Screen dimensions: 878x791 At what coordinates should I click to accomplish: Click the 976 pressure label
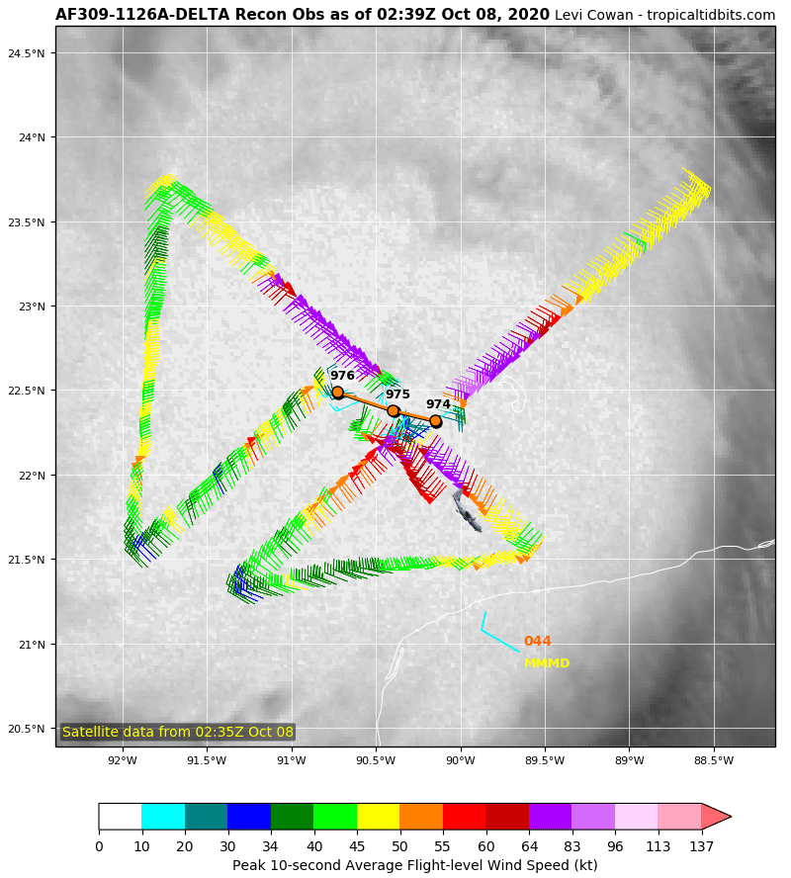coord(342,376)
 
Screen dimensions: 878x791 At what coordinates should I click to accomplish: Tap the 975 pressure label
coord(397,395)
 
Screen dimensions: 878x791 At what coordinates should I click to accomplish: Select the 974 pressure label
coord(438,404)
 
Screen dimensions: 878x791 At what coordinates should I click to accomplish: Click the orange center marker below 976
coord(337,393)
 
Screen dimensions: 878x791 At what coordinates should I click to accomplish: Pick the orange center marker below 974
coord(435,421)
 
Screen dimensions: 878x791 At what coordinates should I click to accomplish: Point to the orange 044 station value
coord(537,642)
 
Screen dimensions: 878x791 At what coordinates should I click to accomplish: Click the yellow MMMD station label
coord(547,663)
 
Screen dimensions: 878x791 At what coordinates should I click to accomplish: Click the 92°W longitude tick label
coord(123,760)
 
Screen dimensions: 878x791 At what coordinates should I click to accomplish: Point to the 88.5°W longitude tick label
coord(714,760)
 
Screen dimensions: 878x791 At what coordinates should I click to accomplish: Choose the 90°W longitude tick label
coord(461,760)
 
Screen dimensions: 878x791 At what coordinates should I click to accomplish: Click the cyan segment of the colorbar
coord(163,817)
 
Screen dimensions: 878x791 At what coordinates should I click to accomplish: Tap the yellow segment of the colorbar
coord(378,817)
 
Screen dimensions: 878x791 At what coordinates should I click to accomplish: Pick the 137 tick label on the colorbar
coord(701,845)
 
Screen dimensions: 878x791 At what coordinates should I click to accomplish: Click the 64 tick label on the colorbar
coord(529,845)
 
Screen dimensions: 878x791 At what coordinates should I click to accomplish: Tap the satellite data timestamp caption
coord(178,732)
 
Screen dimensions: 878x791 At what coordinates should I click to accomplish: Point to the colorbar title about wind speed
coord(414,865)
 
